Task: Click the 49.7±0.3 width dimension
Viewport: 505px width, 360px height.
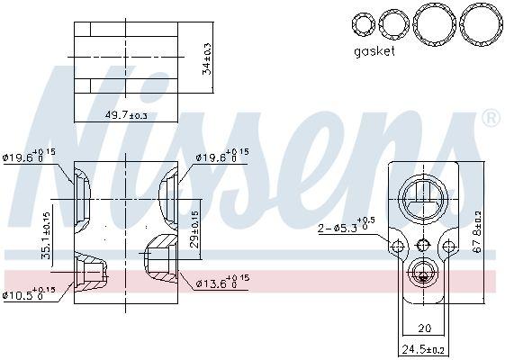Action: click(125, 115)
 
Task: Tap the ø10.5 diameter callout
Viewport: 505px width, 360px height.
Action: click(30, 292)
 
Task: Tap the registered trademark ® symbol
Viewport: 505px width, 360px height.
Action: click(490, 118)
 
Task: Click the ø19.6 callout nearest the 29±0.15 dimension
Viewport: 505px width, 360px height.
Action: click(220, 157)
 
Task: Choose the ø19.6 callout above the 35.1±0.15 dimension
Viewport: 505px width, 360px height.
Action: click(30, 157)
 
